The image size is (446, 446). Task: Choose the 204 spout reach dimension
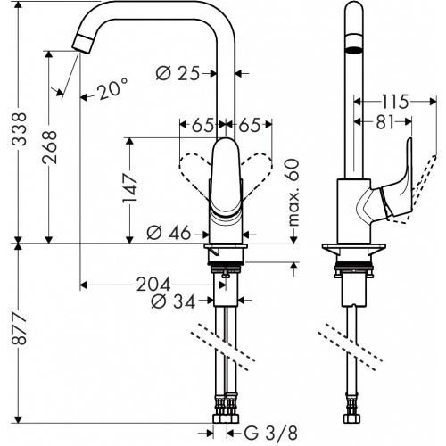pos(152,285)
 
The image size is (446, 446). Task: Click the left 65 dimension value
pos(202,124)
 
